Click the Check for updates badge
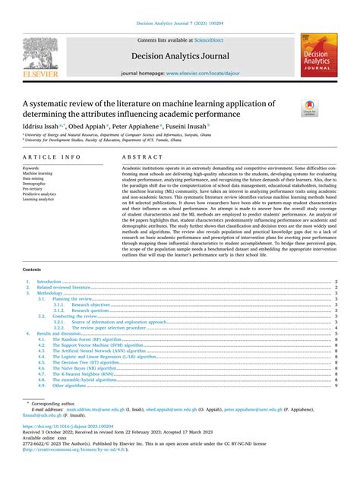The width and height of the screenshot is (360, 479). tap(311, 107)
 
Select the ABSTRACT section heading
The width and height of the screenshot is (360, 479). tap(137, 156)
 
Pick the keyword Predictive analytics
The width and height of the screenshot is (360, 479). tap(40, 194)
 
